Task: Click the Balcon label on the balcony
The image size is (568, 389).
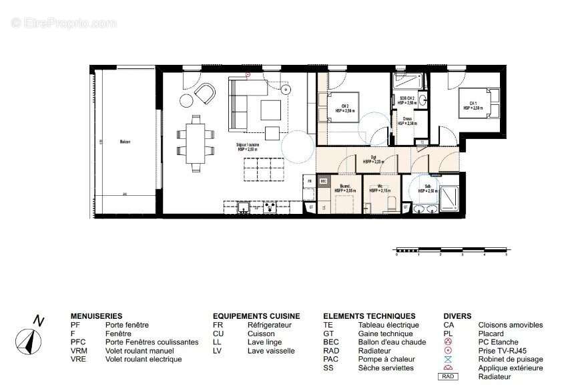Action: click(x=125, y=142)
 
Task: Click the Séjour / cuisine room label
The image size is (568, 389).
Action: click(x=248, y=147)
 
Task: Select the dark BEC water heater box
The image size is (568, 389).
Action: click(x=324, y=180)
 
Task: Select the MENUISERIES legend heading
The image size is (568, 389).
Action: click(x=96, y=316)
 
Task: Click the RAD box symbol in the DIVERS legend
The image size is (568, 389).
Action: click(x=449, y=376)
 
